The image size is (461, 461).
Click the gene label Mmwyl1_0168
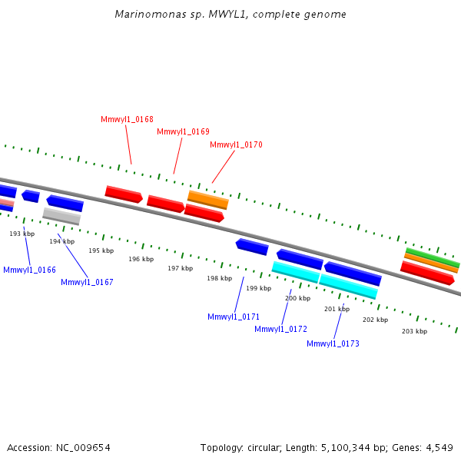point(127,120)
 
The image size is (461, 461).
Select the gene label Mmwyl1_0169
point(183,132)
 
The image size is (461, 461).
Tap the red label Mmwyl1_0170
point(236,145)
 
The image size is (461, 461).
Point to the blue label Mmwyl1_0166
point(29,270)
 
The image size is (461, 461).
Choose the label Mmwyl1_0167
point(87,283)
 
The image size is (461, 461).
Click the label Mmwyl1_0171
point(234,317)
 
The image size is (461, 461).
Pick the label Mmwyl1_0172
point(280,330)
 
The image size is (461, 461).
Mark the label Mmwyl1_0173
point(333,344)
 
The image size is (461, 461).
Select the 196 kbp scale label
point(141,260)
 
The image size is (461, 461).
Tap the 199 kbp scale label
point(258,289)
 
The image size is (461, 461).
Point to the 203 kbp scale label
point(414,331)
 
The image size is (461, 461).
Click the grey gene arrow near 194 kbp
point(61,216)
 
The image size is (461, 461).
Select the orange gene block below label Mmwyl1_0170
point(208,200)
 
